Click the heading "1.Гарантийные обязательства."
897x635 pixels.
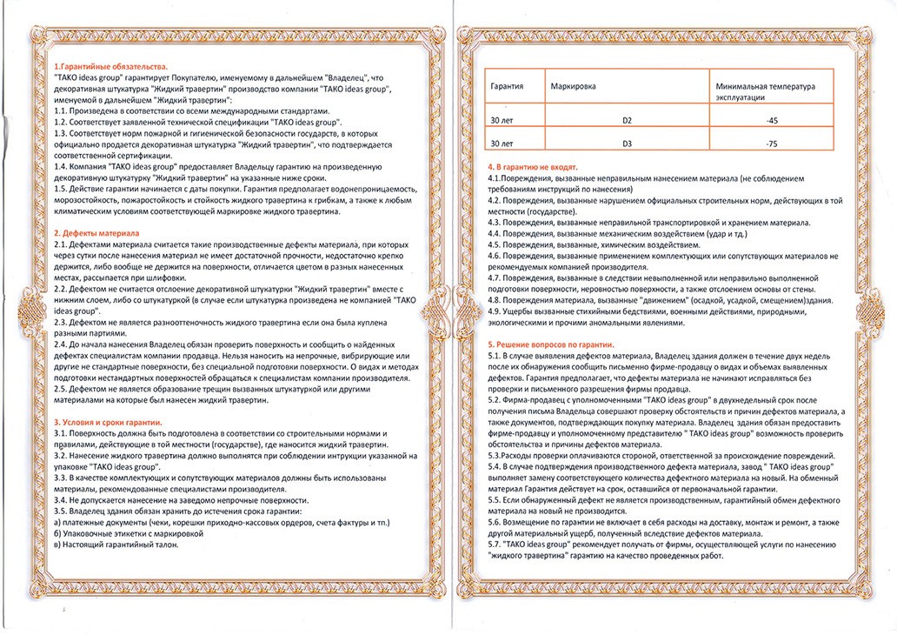coord(110,67)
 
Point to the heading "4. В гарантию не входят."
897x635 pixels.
coord(533,166)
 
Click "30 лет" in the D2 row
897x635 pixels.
coord(502,119)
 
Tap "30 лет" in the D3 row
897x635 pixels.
coord(502,143)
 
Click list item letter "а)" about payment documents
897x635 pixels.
coord(57,522)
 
